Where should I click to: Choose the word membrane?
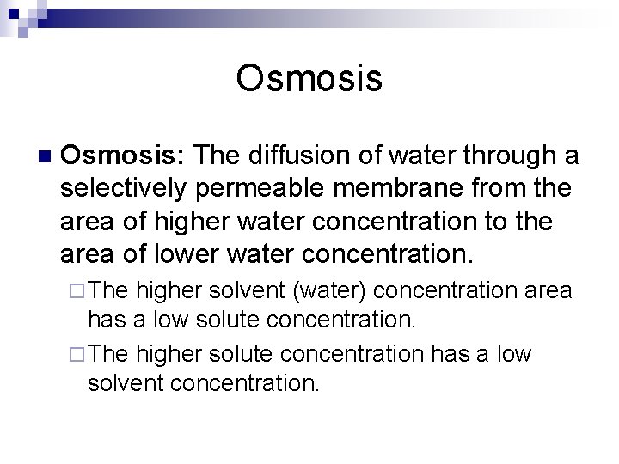pyautogui.click(x=391, y=188)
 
